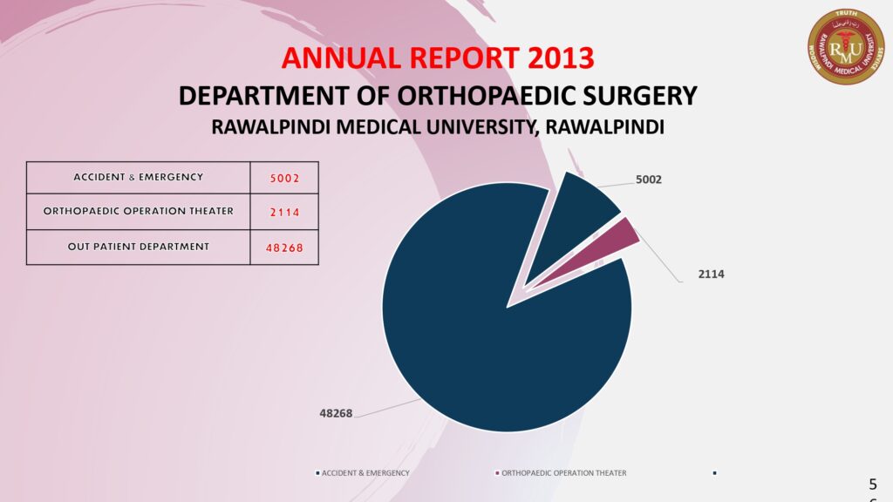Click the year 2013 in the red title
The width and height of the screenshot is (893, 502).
pos(561,58)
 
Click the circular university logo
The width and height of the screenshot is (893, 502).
pos(846,46)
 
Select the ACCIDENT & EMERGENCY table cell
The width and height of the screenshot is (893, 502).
pos(138,178)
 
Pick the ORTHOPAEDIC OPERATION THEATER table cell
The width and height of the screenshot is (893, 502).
pos(138,212)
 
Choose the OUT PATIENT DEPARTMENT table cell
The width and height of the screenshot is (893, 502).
pos(138,247)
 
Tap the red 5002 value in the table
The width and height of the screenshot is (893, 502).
pos(284,179)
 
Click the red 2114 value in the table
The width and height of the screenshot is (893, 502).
pos(284,213)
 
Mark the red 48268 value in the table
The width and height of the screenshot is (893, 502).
pos(284,248)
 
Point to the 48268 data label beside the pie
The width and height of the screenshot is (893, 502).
pos(336,413)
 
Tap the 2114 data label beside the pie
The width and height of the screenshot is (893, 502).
pos(711,274)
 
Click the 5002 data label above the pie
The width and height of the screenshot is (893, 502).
pos(649,180)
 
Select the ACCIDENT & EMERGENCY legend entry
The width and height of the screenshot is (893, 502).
pos(362,473)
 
